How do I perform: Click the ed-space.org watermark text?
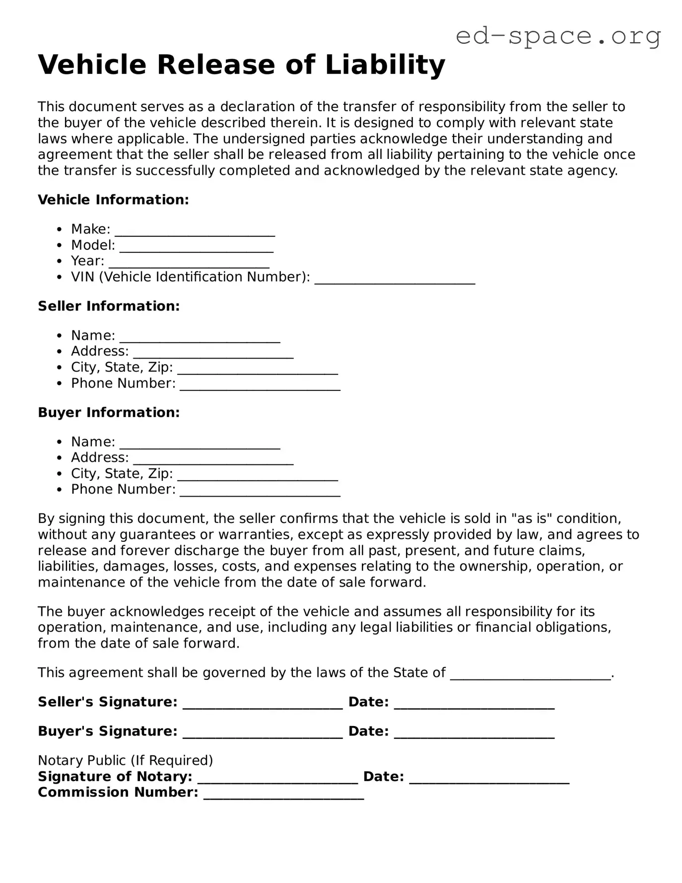point(558,36)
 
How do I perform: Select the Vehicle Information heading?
point(113,200)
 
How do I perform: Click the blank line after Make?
point(195,231)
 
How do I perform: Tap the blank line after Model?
point(197,247)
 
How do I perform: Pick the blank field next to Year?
point(189,263)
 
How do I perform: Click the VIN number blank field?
point(395,279)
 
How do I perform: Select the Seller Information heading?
point(109,306)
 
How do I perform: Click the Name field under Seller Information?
point(200,338)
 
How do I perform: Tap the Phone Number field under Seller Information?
point(260,385)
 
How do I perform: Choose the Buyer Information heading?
point(109,412)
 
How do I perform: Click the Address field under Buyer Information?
point(213,460)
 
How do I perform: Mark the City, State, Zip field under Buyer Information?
point(258,476)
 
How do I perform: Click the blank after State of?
point(530,675)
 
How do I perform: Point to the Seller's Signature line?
point(263,704)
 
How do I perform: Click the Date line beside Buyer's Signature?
point(474,734)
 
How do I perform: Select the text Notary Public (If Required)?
point(125,760)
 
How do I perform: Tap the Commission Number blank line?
point(283,795)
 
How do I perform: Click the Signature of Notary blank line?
point(277,779)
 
